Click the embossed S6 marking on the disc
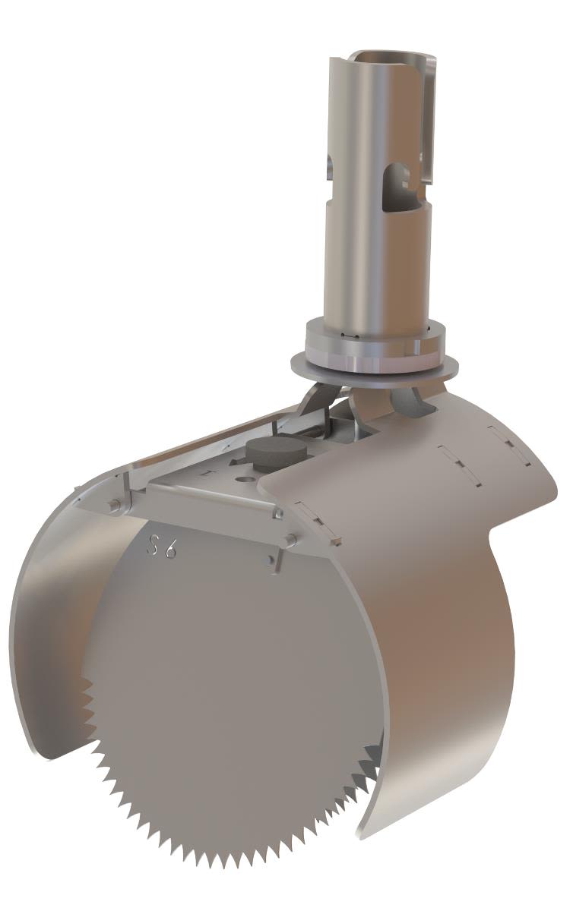pos(162,546)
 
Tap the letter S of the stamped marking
pos(154,544)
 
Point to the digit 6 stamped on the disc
pos(170,548)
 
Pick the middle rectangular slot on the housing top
pos(455,464)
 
